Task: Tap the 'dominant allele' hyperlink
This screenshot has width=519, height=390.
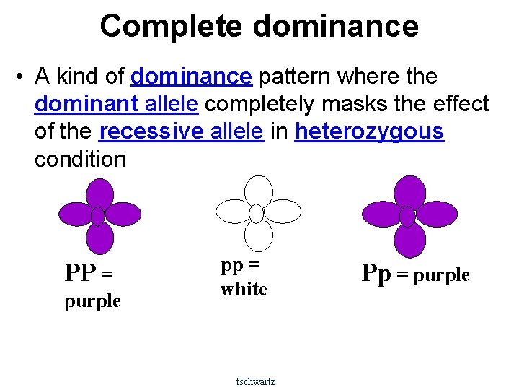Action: tap(116, 104)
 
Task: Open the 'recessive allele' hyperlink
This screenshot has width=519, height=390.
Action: tap(181, 132)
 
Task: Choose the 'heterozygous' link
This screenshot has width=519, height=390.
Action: tap(369, 132)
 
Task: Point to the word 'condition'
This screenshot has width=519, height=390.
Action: tap(80, 160)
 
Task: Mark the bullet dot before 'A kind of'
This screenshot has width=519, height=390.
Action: tap(22, 77)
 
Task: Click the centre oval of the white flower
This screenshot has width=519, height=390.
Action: tap(257, 213)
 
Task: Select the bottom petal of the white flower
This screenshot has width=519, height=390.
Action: tap(258, 236)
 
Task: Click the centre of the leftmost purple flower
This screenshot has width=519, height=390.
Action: tap(98, 216)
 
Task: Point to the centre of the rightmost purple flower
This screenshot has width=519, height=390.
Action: tap(407, 216)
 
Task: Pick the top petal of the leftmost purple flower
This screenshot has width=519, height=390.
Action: tap(99, 194)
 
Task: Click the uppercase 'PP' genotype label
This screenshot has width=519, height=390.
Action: tap(79, 274)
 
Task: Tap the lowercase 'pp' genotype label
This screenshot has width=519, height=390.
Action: tap(231, 265)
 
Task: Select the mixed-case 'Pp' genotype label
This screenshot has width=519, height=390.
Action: tap(376, 273)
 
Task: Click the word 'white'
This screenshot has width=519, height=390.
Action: tap(244, 290)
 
